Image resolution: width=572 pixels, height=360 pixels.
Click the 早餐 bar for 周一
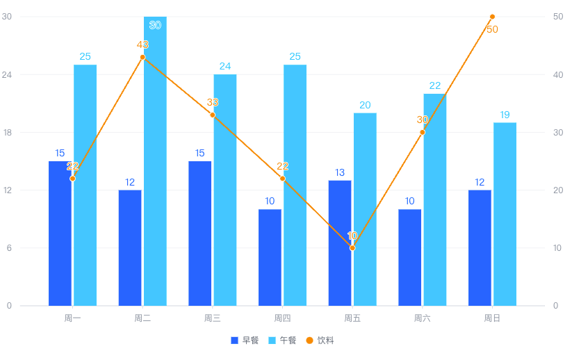pyautogui.click(x=60, y=233)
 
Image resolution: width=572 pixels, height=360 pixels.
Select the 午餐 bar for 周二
pyautogui.click(x=155, y=161)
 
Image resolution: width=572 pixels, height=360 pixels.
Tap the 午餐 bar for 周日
pyautogui.click(x=505, y=213)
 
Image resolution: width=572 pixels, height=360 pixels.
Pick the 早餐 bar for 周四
pyautogui.click(x=270, y=257)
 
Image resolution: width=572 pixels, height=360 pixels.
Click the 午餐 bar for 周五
pyautogui.click(x=365, y=208)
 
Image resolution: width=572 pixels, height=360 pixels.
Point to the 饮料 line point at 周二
pyautogui.click(x=142, y=57)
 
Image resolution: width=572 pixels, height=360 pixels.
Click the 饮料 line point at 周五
pyautogui.click(x=352, y=247)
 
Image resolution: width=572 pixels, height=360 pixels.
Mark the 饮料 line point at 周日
pyautogui.click(x=492, y=17)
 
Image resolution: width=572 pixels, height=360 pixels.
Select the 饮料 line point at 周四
pyautogui.click(x=282, y=179)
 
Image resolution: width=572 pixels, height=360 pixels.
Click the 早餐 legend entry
pyautogui.click(x=245, y=341)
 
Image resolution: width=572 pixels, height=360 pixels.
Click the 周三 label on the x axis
pyautogui.click(x=212, y=318)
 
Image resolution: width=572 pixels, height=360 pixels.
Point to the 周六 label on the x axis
pyautogui.click(x=422, y=318)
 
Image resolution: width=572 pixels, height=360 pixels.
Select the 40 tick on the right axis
pyautogui.click(x=559, y=74)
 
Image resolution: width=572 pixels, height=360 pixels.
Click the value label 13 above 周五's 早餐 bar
pyautogui.click(x=340, y=172)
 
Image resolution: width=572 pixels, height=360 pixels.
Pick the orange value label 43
pyautogui.click(x=142, y=45)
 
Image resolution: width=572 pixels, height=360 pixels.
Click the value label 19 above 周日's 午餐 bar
pyautogui.click(x=505, y=115)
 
